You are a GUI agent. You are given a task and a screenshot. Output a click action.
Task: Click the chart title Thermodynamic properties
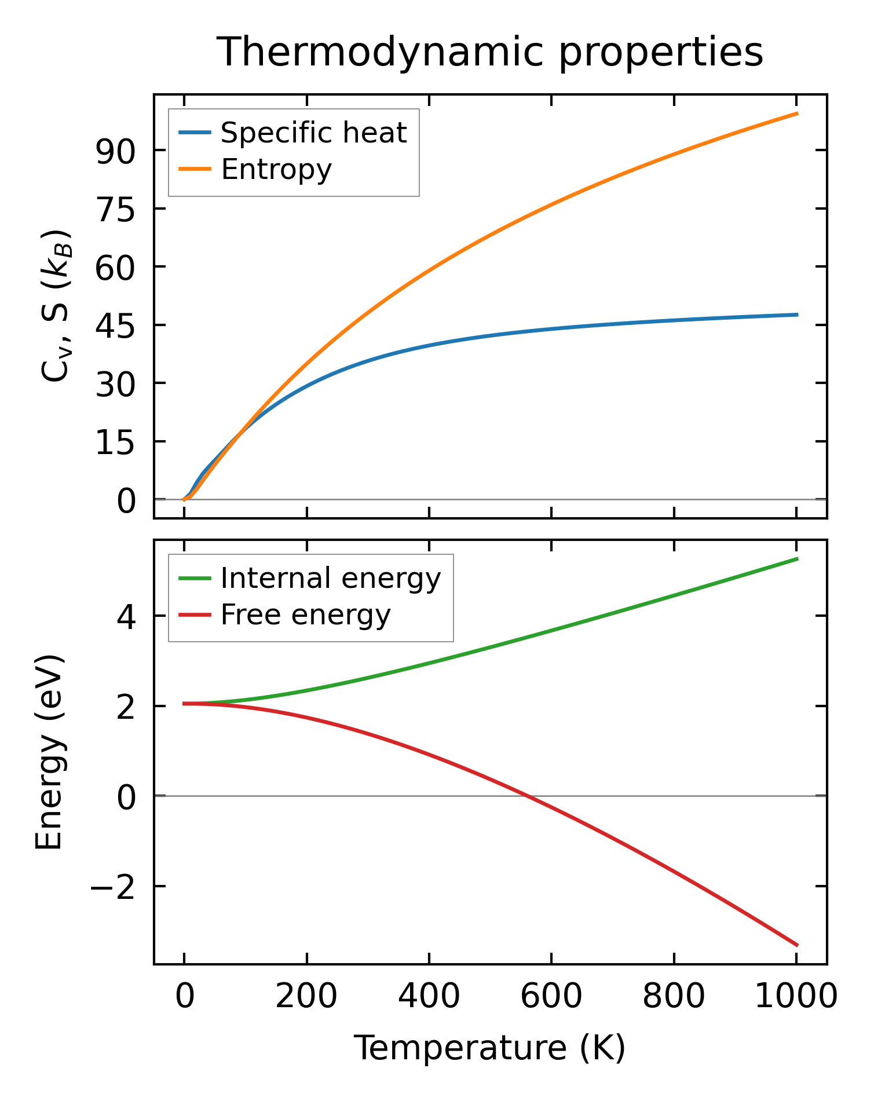pos(489,52)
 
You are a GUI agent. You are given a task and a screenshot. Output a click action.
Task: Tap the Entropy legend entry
pos(276,169)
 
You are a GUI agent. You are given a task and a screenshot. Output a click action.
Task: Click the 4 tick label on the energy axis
pos(126,617)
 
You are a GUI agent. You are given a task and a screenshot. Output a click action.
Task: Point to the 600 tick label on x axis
pos(551,997)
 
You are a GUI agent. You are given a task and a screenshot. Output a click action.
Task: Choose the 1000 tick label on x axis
pos(796,997)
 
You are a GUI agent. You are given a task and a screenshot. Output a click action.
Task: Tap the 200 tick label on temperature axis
pos(306,997)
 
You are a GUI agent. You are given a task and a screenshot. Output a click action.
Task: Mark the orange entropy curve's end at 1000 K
pos(797,114)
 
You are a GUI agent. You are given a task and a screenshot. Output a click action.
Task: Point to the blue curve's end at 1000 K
pos(797,315)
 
